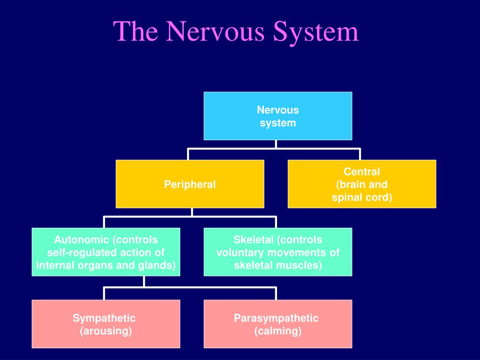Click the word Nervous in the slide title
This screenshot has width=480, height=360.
pos(215,31)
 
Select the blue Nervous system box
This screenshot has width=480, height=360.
pos(278,116)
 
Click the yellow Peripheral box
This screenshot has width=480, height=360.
pos(190,184)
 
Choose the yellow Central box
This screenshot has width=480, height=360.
pos(362,184)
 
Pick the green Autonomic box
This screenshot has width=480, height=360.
pos(106,252)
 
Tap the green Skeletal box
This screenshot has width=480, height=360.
pos(278,252)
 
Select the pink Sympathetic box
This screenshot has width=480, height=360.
pos(106,324)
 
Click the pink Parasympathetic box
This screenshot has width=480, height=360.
pos(278,324)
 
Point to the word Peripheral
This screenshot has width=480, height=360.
pos(190,185)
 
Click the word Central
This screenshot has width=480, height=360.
pos(362,172)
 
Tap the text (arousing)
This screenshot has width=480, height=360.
pos(106,331)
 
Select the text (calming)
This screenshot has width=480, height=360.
pos(278,331)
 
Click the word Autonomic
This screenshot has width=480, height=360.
pos(82,240)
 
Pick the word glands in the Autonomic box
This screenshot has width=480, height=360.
pos(156,265)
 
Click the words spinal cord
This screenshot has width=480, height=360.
pos(360,198)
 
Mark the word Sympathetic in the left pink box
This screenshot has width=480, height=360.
pos(104,318)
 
